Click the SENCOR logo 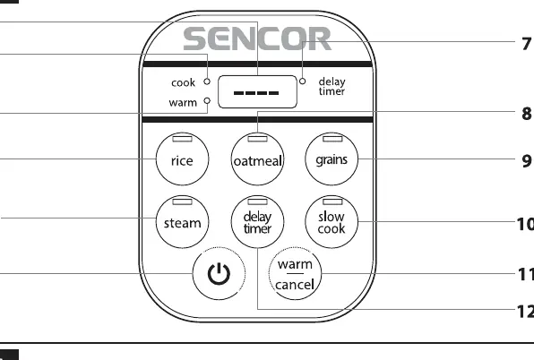pyautogui.click(x=257, y=39)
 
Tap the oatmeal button pyautogui.click(x=257, y=159)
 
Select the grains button pyautogui.click(x=332, y=159)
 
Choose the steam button pyautogui.click(x=182, y=221)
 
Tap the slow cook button pyautogui.click(x=332, y=221)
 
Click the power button pyautogui.click(x=219, y=273)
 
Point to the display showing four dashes pyautogui.click(x=257, y=92)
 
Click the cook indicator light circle pyautogui.click(x=207, y=81)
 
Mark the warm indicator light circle pyautogui.click(x=207, y=100)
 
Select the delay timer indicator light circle pyautogui.click(x=303, y=81)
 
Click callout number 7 pyautogui.click(x=527, y=44)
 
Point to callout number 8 pyautogui.click(x=527, y=114)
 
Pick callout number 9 pyautogui.click(x=527, y=160)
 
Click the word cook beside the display pyautogui.click(x=183, y=82)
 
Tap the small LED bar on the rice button pyautogui.click(x=182, y=139)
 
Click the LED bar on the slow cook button pyautogui.click(x=332, y=201)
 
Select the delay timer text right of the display pyautogui.click(x=332, y=87)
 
